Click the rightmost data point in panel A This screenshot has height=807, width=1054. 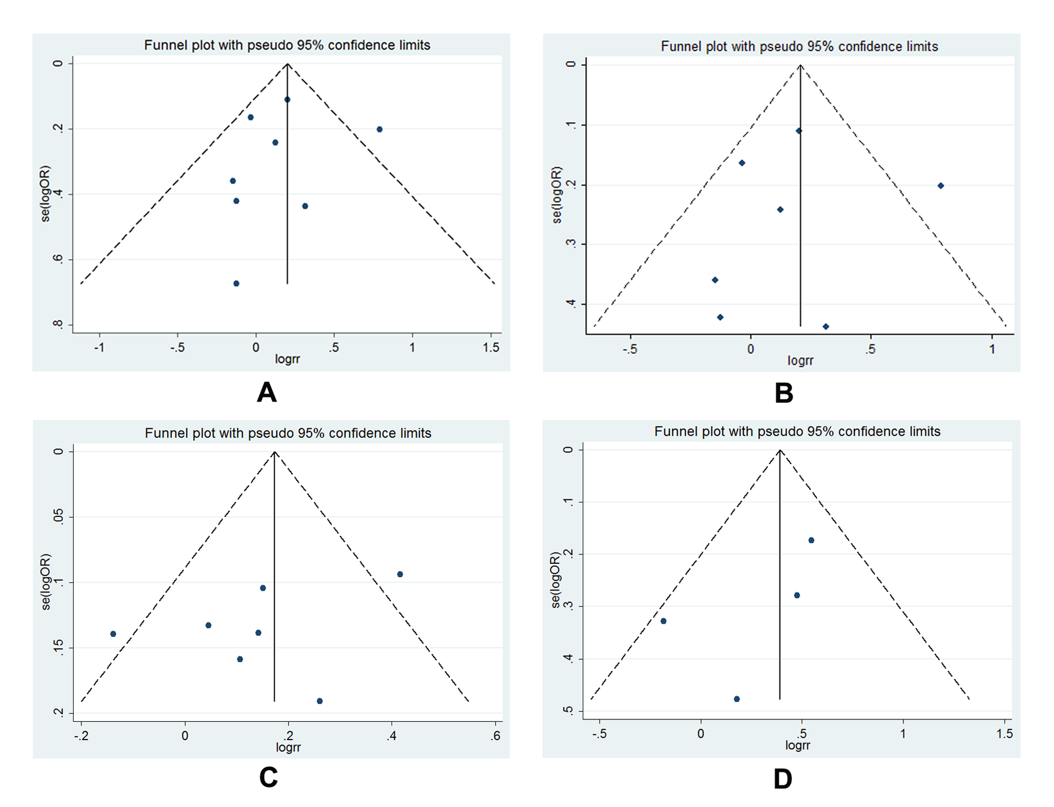click(379, 129)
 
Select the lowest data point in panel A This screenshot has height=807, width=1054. click(236, 283)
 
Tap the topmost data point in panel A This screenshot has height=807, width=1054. click(287, 99)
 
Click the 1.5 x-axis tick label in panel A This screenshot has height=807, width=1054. click(491, 348)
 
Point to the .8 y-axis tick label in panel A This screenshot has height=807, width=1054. click(58, 324)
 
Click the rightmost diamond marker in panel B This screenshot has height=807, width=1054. click(940, 186)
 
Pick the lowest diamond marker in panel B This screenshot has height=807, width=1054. click(826, 327)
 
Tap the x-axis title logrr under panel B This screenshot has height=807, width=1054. click(800, 361)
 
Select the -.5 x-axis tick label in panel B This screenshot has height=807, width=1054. click(629, 350)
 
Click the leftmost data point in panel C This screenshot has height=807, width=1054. click(113, 634)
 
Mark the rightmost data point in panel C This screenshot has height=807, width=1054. click(400, 574)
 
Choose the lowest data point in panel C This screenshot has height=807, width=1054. click(319, 701)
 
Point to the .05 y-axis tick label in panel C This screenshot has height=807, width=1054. click(58, 516)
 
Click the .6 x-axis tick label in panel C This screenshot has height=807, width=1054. click(495, 736)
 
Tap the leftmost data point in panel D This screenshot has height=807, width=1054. click(664, 621)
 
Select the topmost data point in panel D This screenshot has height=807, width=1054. click(811, 540)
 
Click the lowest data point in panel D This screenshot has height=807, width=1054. click(737, 699)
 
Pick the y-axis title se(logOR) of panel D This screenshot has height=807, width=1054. click(555, 580)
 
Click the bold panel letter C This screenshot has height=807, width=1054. click(269, 777)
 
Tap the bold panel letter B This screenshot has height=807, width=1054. click(783, 393)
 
